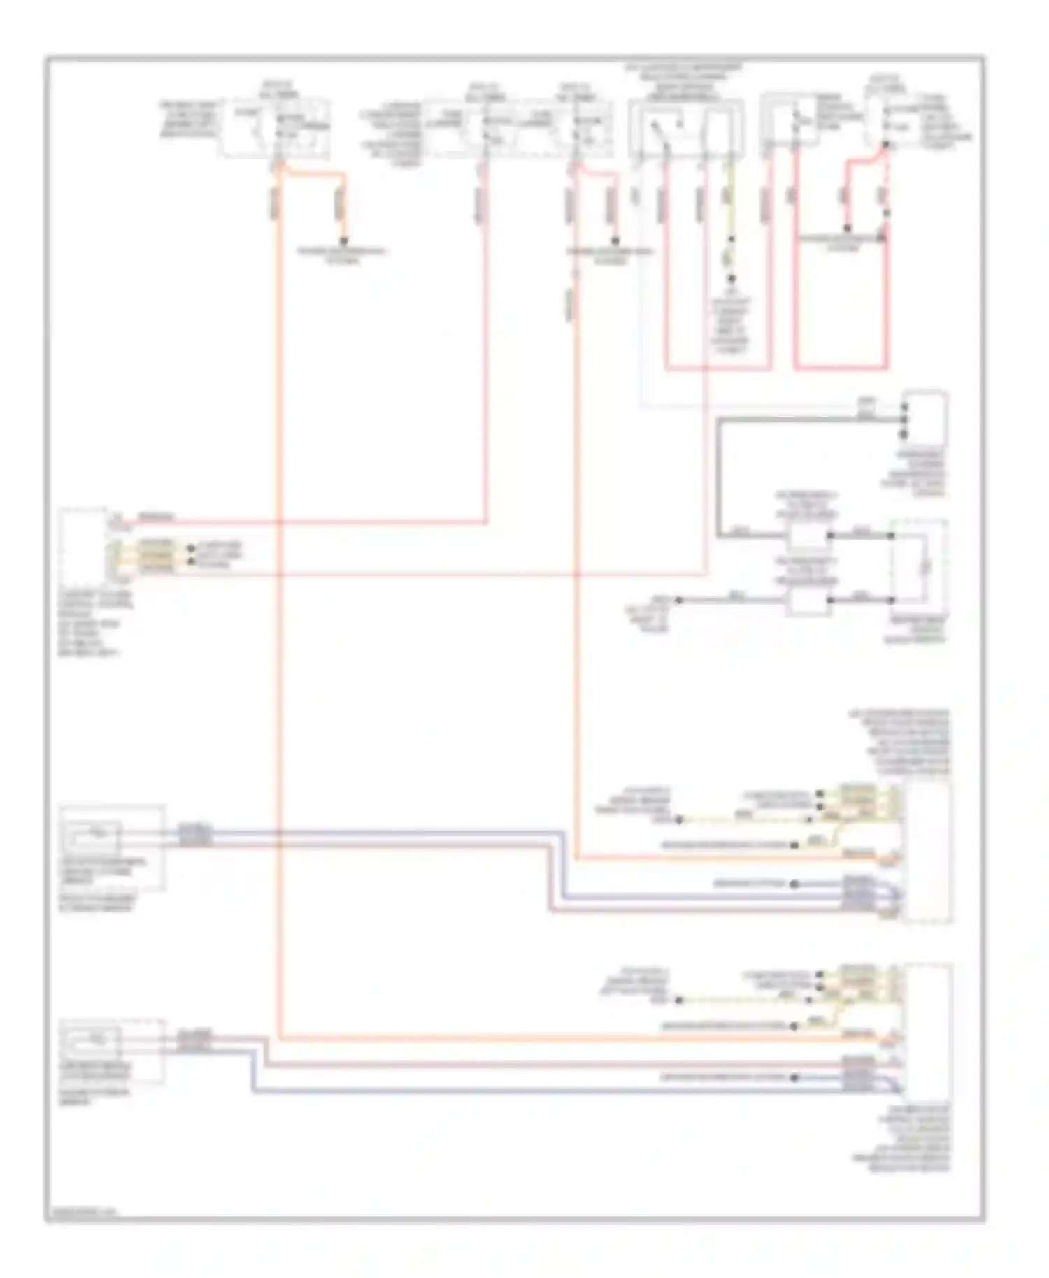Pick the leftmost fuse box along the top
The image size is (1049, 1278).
[277, 129]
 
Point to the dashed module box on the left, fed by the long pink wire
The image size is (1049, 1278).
[84, 545]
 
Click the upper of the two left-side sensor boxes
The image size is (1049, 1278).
[112, 847]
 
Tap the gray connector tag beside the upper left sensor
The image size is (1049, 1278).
[194, 835]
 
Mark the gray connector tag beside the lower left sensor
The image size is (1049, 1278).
[194, 1041]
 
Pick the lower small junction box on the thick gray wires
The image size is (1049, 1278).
[807, 601]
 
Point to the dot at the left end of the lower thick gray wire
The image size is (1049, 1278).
[678, 601]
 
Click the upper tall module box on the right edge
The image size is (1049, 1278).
[927, 852]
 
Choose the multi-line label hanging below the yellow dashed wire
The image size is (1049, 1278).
[730, 325]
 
